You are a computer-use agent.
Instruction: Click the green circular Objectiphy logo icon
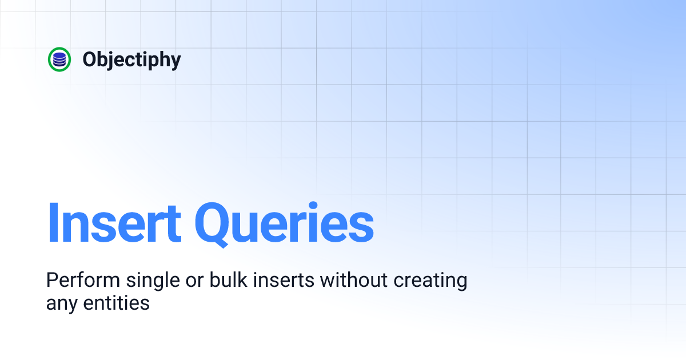(x=59, y=59)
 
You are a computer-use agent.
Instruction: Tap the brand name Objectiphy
(x=131, y=60)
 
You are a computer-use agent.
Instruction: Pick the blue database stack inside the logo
(x=59, y=59)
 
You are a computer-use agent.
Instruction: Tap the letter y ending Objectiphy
(x=175, y=62)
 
